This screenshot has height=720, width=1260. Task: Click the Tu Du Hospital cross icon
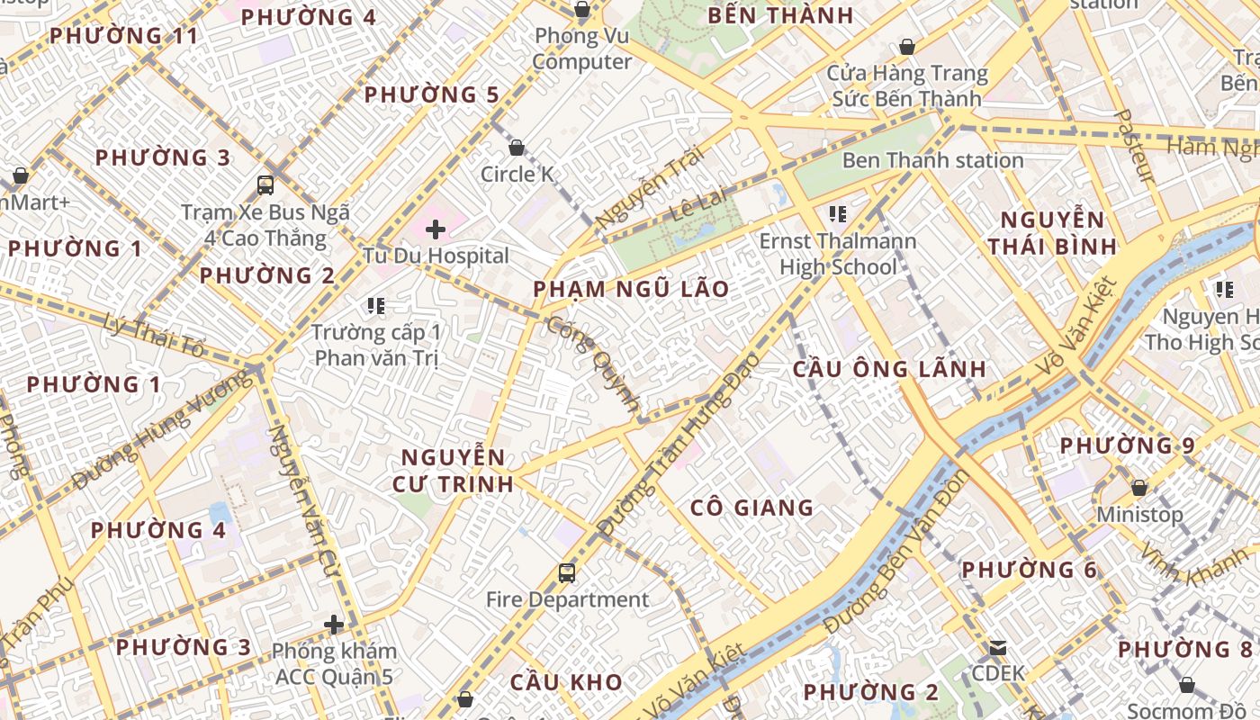tap(436, 229)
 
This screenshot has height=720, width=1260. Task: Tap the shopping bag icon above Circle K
tap(517, 148)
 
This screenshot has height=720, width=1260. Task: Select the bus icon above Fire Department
tap(566, 572)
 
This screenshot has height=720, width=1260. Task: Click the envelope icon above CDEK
tap(998, 647)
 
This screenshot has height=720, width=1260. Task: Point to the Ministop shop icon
tap(1139, 488)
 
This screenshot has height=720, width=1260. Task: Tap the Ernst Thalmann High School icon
tap(837, 214)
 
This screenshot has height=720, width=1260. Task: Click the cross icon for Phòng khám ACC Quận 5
tap(334, 624)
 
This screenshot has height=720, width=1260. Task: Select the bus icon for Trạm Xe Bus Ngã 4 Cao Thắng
tap(265, 185)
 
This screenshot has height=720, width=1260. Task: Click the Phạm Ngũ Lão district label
tap(630, 289)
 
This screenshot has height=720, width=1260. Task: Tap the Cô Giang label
tap(751, 508)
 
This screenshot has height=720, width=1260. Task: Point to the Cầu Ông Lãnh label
tap(889, 369)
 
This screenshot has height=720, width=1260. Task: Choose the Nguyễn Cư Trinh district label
tap(453, 470)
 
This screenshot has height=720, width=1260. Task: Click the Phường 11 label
tap(123, 36)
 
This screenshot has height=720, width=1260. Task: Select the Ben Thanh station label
tap(932, 160)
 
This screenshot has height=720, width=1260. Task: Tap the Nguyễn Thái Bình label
tap(1052, 233)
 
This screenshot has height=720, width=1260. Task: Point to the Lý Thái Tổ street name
tap(155, 335)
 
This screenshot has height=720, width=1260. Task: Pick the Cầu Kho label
tap(566, 681)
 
